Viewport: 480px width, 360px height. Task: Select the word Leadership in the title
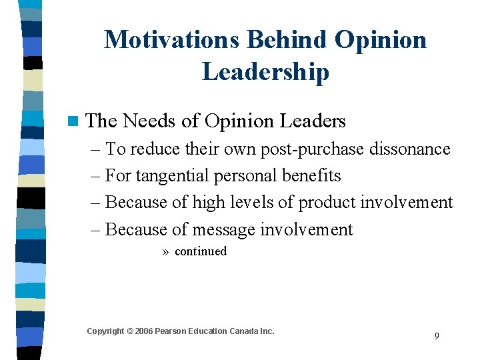point(265,71)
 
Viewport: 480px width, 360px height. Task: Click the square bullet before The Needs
point(72,121)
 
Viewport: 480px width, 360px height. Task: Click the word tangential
point(173,176)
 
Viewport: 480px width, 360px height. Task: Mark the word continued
point(200,251)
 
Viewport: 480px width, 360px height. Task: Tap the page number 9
point(437,336)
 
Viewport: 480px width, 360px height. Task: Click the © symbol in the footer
point(130,331)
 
